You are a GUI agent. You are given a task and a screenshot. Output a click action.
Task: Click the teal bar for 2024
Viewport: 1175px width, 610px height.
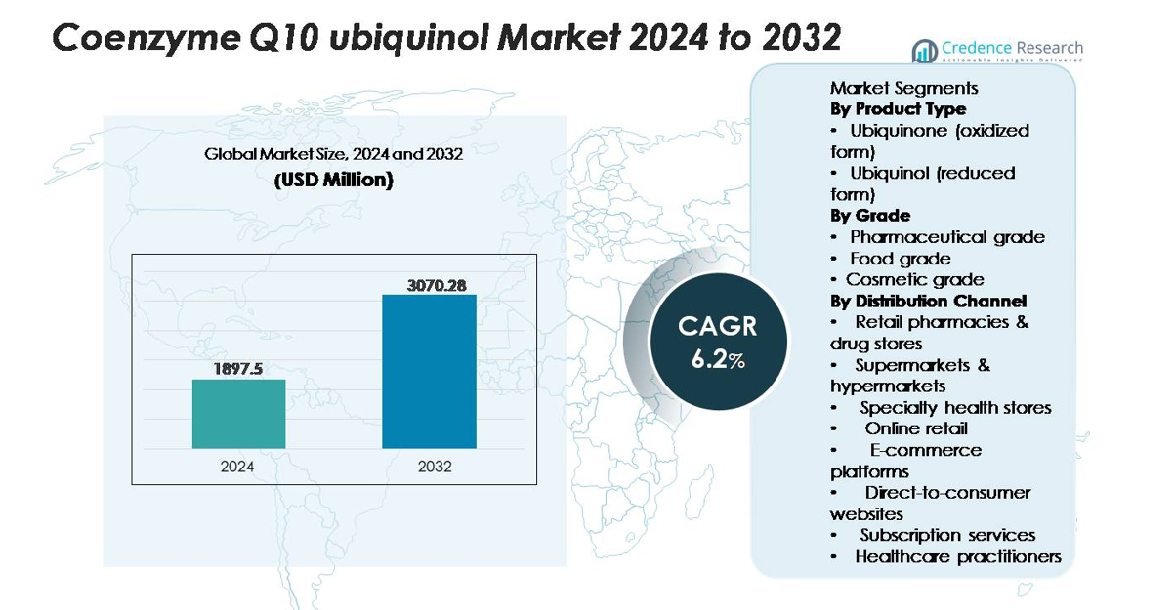pyautogui.click(x=238, y=414)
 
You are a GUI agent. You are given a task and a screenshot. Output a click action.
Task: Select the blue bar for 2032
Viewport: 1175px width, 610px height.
pyautogui.click(x=429, y=371)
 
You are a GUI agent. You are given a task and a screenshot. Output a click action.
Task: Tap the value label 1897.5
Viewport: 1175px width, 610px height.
pyautogui.click(x=238, y=369)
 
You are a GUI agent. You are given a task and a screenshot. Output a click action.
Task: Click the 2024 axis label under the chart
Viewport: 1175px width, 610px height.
pyautogui.click(x=237, y=467)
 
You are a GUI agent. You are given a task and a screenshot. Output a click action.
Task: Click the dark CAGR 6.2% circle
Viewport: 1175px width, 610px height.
pyautogui.click(x=717, y=341)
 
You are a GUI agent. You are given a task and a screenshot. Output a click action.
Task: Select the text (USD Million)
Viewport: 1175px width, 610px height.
pyautogui.click(x=333, y=181)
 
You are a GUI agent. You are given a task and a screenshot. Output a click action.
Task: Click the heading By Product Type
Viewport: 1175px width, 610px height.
pyautogui.click(x=898, y=108)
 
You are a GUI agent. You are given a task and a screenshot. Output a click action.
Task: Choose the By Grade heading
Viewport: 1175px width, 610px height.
pyautogui.click(x=869, y=215)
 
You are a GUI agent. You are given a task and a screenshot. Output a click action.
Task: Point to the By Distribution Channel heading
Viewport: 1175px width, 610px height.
pyautogui.click(x=928, y=301)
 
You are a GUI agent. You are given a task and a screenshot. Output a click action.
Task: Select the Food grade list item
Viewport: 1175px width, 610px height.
pyautogui.click(x=900, y=259)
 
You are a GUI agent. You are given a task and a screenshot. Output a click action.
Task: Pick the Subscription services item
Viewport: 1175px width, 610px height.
pyautogui.click(x=946, y=535)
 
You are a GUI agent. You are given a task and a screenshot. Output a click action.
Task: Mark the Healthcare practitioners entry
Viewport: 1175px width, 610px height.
pyautogui.click(x=957, y=556)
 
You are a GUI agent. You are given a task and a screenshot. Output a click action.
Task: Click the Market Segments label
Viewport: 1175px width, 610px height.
pyautogui.click(x=903, y=88)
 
